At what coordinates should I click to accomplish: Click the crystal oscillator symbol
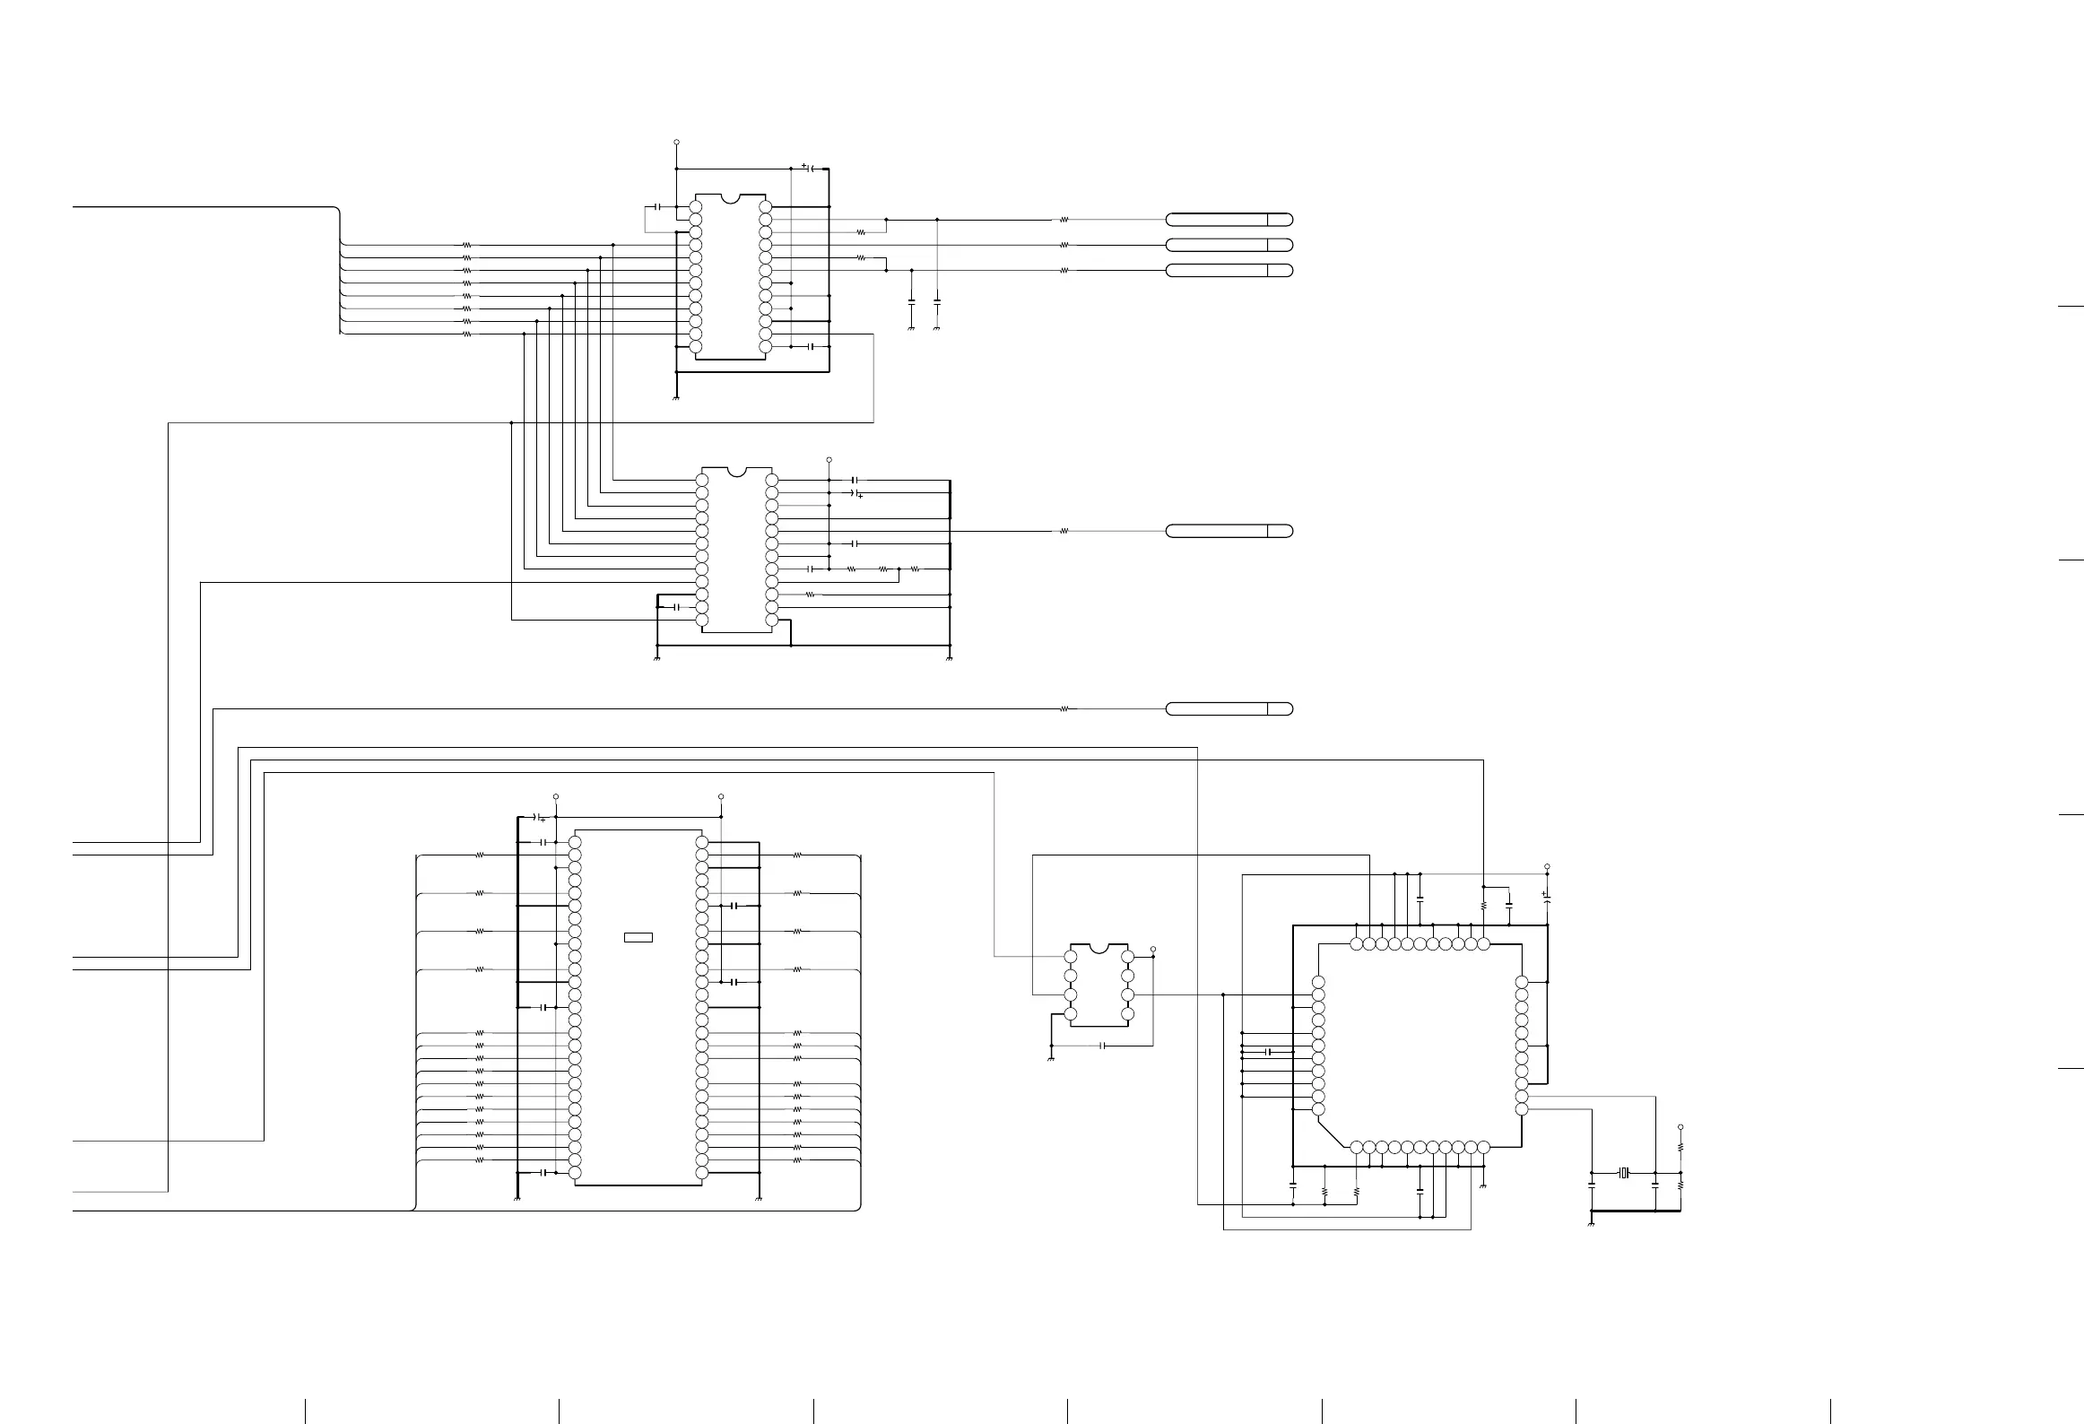point(1623,1172)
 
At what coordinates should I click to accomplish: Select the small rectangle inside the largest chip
point(638,938)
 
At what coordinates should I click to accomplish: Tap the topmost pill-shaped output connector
point(1229,220)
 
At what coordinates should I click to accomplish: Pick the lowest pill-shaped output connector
point(1229,709)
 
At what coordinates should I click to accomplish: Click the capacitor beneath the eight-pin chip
point(1102,1046)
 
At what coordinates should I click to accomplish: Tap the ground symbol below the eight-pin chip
point(1050,1059)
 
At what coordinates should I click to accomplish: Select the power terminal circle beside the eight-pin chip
point(1153,949)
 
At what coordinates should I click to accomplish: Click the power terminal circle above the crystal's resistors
point(1680,1127)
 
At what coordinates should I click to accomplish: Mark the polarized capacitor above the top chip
point(808,168)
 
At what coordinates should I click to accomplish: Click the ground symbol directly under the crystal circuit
point(1590,1222)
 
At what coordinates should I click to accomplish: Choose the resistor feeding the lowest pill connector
point(1064,709)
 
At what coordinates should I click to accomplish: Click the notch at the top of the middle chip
point(736,472)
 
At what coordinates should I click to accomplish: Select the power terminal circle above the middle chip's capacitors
point(829,459)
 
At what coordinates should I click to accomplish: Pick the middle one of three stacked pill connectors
point(1229,245)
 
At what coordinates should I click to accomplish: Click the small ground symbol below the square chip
point(1484,1185)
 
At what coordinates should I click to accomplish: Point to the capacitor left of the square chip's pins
point(1268,1051)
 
